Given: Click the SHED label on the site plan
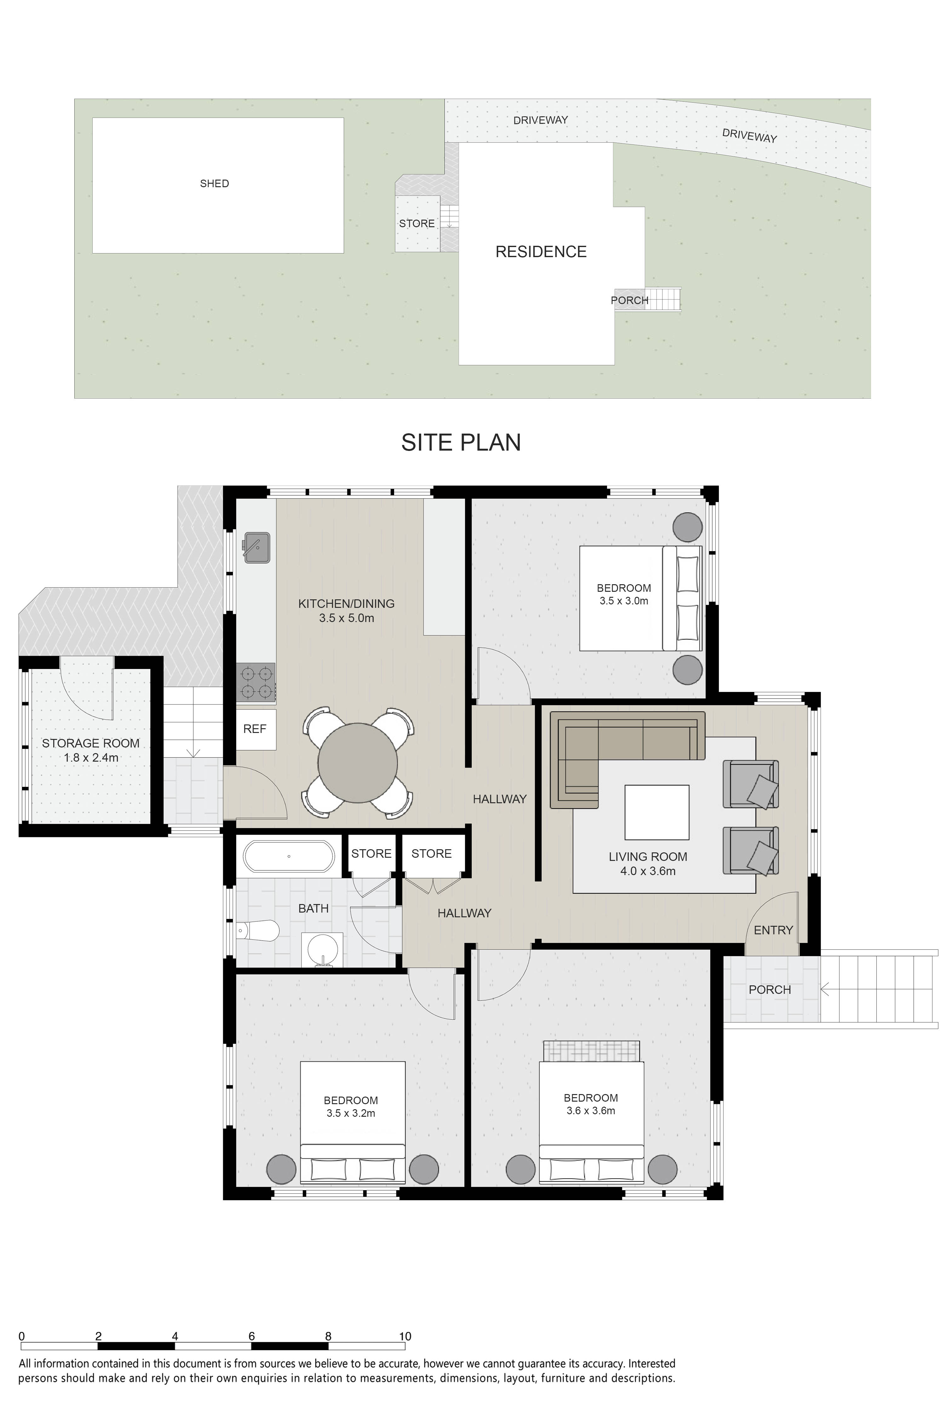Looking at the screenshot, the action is click(215, 183).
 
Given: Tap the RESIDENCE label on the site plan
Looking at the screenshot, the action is click(541, 251).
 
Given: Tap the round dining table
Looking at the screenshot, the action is click(358, 763).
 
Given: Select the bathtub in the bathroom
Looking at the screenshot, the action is click(289, 856).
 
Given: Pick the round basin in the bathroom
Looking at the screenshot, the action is click(324, 949).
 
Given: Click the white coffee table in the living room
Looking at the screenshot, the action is click(657, 812).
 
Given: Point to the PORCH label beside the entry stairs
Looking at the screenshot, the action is click(770, 989).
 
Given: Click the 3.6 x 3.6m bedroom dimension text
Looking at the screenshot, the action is click(591, 1110).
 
